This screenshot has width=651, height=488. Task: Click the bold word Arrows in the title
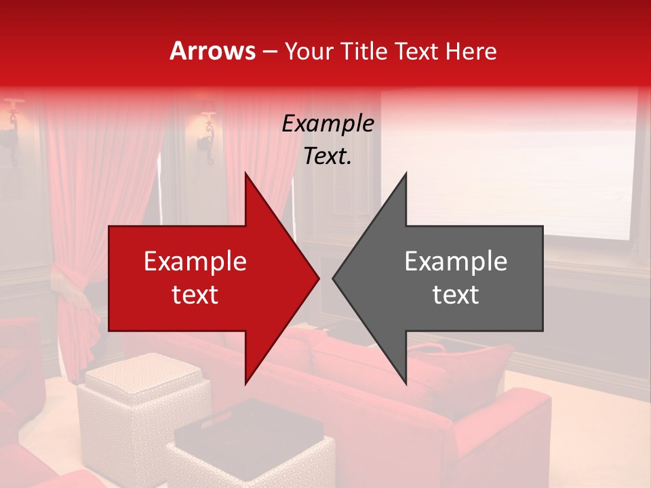pos(213,51)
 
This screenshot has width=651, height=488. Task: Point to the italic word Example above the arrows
pos(328,123)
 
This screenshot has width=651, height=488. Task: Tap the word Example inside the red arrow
pos(195,261)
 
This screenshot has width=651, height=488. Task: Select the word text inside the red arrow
pos(195,295)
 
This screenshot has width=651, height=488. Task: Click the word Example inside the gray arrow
pos(456,261)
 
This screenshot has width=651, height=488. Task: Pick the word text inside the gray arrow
pos(456,295)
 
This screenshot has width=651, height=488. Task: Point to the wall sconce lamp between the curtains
pos(206,129)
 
